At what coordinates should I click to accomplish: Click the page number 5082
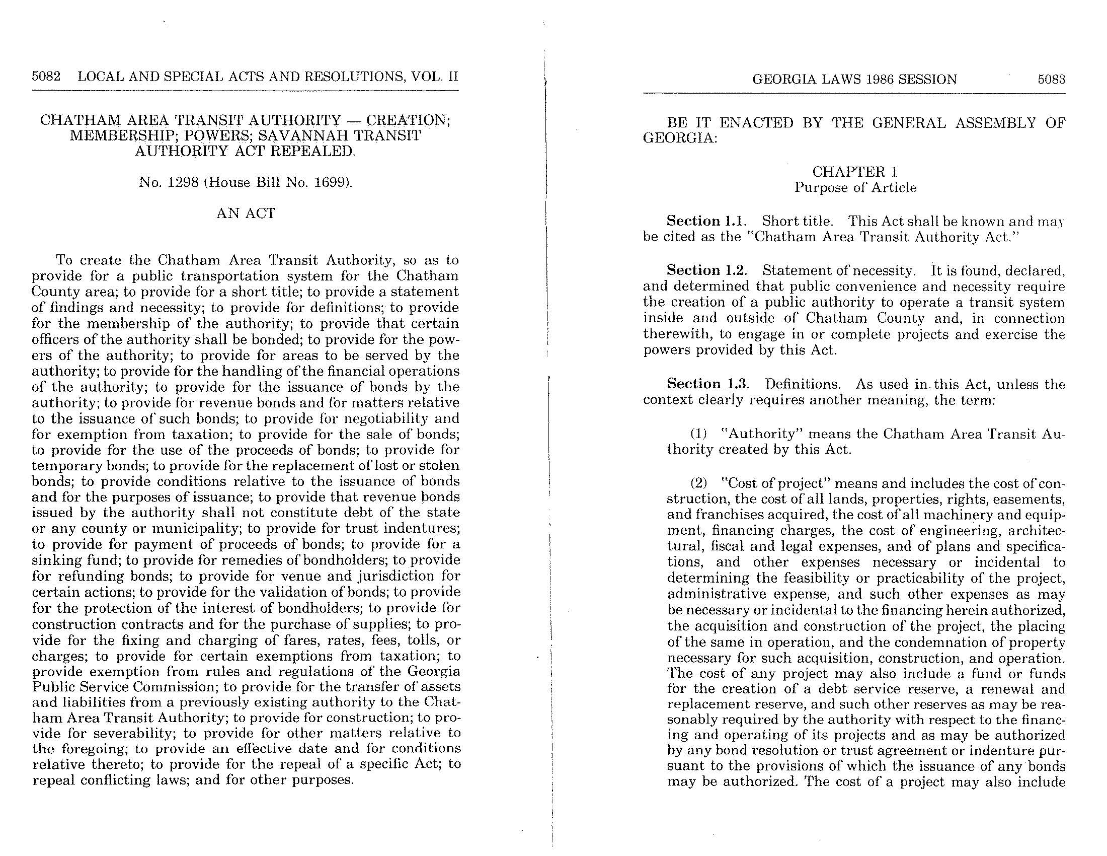(x=46, y=77)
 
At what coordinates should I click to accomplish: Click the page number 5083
(x=1051, y=79)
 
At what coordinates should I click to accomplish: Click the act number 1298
(x=181, y=182)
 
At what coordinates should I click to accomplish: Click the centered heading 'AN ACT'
(x=246, y=213)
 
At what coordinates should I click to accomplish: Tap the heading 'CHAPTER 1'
(x=855, y=172)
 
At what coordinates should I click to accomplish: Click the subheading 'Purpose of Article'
(x=855, y=188)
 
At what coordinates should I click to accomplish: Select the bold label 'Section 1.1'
(x=706, y=221)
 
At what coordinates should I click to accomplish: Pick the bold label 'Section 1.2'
(x=706, y=270)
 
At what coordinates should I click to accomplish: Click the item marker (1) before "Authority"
(x=699, y=434)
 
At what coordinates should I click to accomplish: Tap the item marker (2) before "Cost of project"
(x=699, y=483)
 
